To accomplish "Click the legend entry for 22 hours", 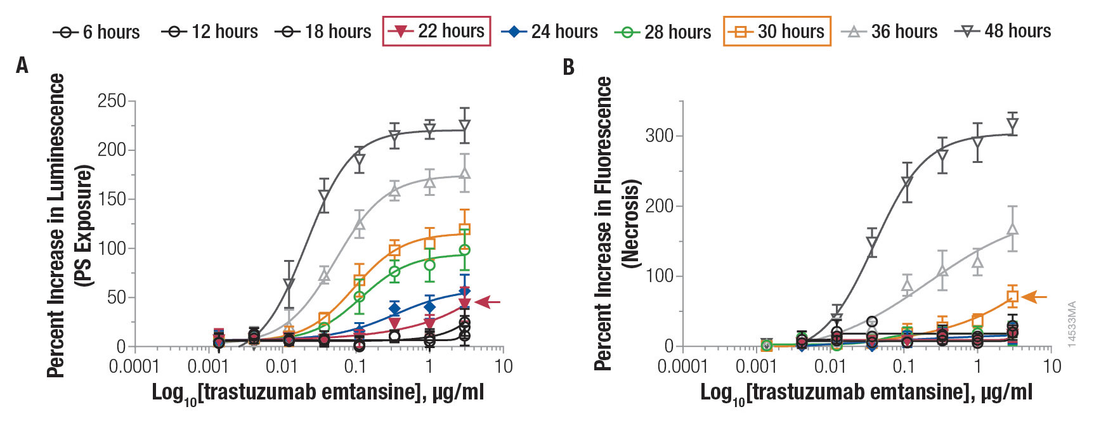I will [x=437, y=31].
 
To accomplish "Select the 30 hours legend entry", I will [x=777, y=31].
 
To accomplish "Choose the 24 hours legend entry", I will [x=550, y=31].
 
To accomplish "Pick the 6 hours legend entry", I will [x=97, y=31].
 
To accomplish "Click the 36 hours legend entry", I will [x=890, y=31].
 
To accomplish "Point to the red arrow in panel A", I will [x=487, y=302].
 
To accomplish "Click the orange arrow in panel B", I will [x=1034, y=297].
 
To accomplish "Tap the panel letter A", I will [x=22, y=65].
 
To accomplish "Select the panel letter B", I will [x=569, y=67].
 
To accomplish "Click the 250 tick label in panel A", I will [x=112, y=101].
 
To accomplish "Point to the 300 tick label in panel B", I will [x=659, y=136].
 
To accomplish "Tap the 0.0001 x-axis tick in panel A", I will [x=134, y=366].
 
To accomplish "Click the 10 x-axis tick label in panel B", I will [x=1052, y=366].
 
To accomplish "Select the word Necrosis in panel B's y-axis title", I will [x=630, y=223].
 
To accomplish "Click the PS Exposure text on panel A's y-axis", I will [x=84, y=225].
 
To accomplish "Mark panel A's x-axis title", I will [x=318, y=392].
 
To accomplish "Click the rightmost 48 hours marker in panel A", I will [x=465, y=126].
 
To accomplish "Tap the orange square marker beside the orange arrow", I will [x=1012, y=296].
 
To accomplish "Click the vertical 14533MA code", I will [x=1072, y=323].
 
